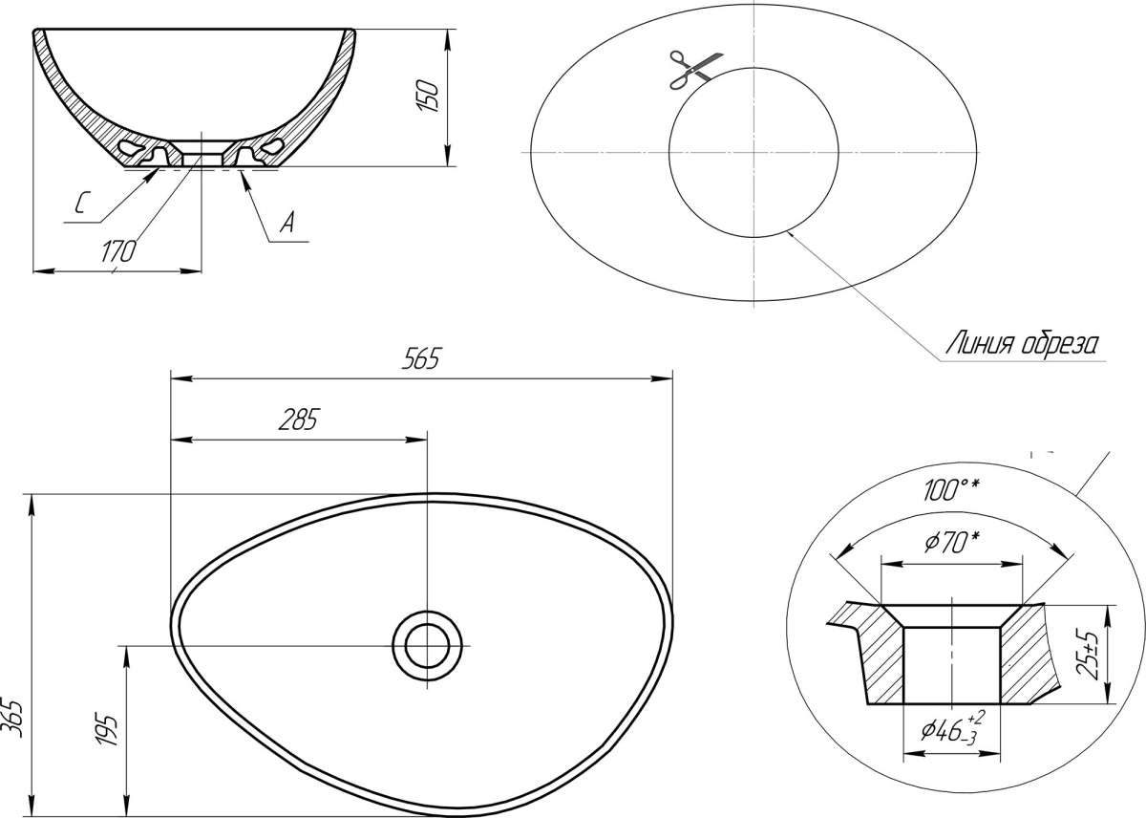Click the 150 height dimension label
pyautogui.click(x=428, y=96)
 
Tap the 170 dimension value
pyautogui.click(x=118, y=251)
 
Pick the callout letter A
pyautogui.click(x=287, y=223)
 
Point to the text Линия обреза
pyautogui.click(x=1022, y=344)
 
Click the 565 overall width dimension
pyautogui.click(x=420, y=358)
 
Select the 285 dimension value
pyautogui.click(x=299, y=420)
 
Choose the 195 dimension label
pyautogui.click(x=107, y=728)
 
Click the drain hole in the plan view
pyautogui.click(x=427, y=645)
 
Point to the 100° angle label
pyautogui.click(x=951, y=490)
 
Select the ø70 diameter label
pyautogui.click(x=952, y=543)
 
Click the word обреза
pyautogui.click(x=1059, y=344)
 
